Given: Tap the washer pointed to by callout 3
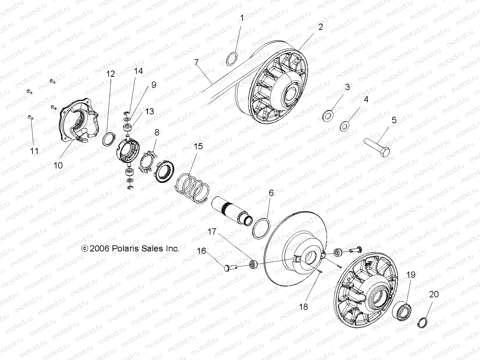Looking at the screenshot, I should (x=329, y=115).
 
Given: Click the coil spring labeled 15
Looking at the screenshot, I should (x=192, y=188).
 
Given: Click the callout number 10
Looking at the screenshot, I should (x=59, y=165).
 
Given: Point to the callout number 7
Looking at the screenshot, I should (x=197, y=62).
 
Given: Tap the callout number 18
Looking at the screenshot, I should (x=304, y=306).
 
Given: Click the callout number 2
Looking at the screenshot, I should (x=321, y=27).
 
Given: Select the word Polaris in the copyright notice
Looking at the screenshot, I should (x=123, y=249).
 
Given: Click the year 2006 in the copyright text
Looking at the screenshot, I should (x=99, y=249).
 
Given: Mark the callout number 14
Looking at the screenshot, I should (x=138, y=71).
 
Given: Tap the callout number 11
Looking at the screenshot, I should (x=34, y=151).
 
